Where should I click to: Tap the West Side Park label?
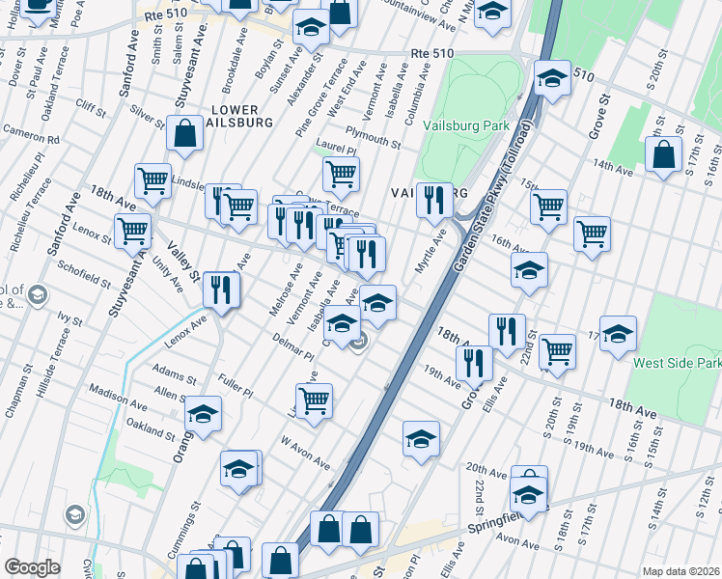[x=676, y=364]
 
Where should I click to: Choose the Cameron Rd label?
[x=31, y=133]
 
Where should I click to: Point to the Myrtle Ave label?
[x=430, y=252]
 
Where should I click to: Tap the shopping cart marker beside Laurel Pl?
[x=341, y=175]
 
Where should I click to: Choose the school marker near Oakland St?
[x=203, y=415]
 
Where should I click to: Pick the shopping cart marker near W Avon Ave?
[x=314, y=400]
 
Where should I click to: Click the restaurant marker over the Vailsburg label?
[x=434, y=200]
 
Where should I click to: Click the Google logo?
[x=32, y=567]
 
